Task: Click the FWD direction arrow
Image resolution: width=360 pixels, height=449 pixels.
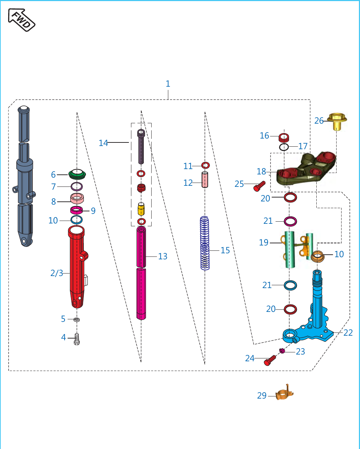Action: [22, 20]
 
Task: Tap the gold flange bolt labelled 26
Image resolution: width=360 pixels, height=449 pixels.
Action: [337, 121]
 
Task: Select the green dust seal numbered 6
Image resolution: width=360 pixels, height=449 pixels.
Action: [77, 174]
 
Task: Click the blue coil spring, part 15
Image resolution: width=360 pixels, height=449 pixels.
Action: [205, 243]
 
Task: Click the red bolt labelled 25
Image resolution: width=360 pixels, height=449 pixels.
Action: [259, 186]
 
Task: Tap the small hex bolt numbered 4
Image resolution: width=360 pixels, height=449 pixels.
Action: [77, 339]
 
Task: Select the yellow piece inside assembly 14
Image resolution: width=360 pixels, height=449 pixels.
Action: [141, 209]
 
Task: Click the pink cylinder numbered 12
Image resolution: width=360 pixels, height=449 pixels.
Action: [205, 180]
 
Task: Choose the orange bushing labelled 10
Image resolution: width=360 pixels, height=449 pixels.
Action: [317, 256]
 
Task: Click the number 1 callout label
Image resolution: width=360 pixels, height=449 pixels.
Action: [168, 84]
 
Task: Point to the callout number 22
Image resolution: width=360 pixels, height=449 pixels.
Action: [348, 333]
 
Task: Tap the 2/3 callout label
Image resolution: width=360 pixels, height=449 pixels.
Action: [57, 273]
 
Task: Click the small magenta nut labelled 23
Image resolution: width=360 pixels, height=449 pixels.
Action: [282, 351]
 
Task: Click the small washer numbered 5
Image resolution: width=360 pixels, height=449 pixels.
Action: [77, 319]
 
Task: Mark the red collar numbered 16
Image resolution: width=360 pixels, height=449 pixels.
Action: [284, 138]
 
